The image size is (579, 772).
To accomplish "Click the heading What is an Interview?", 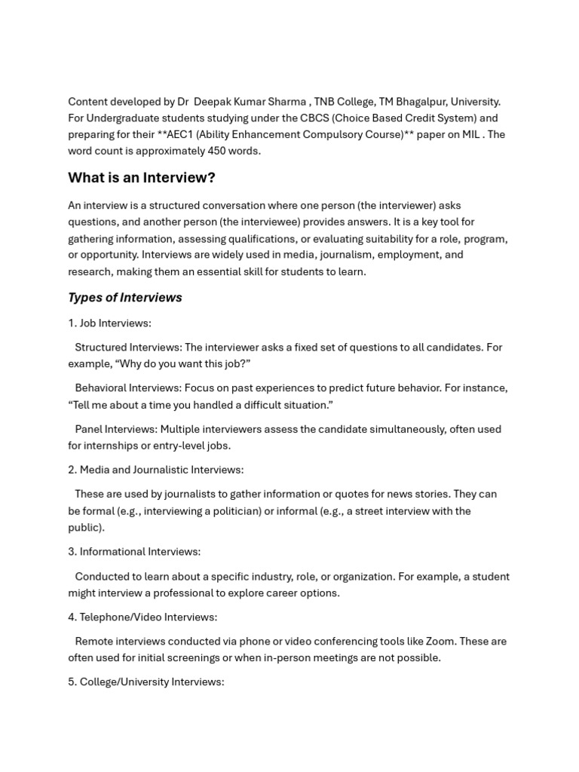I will point(141,178).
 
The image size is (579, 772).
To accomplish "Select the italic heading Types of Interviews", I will point(125,298).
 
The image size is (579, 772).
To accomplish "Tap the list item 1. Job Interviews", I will point(109,323).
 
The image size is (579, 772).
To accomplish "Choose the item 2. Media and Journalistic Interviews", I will point(155,470).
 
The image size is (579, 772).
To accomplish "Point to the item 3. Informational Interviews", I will point(134,552).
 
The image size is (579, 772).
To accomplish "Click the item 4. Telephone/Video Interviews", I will point(142,617).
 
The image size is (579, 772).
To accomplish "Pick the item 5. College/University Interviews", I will point(146,682).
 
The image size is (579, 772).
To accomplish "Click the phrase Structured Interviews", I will point(127,348).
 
